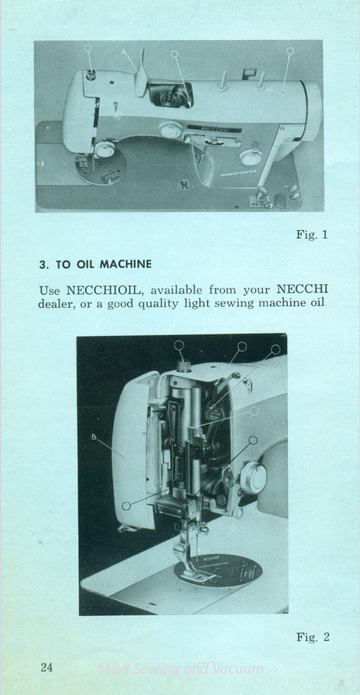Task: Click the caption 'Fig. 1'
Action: (x=312, y=235)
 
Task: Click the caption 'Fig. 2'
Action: (x=312, y=637)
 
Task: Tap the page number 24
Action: (x=47, y=667)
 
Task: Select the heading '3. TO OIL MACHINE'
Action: (x=94, y=265)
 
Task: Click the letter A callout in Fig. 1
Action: (x=124, y=52)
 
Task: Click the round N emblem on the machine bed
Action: (x=184, y=184)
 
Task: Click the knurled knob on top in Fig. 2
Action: (x=182, y=363)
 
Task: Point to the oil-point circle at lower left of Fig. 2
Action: (x=127, y=504)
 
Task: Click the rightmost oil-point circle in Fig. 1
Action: (x=290, y=51)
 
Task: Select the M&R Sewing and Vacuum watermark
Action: (x=180, y=669)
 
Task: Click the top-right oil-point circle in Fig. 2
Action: (x=276, y=349)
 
